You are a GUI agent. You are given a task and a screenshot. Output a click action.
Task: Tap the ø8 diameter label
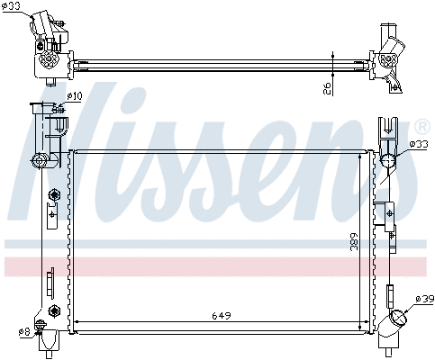click(x=25, y=333)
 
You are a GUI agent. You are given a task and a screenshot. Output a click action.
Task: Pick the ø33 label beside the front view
click(x=419, y=144)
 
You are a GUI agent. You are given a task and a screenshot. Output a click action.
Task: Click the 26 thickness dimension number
click(x=327, y=86)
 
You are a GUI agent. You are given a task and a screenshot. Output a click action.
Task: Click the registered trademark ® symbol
click(x=421, y=125)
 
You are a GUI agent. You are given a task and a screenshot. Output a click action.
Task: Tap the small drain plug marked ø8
click(x=41, y=325)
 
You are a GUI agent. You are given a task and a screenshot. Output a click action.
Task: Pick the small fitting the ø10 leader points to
click(x=58, y=112)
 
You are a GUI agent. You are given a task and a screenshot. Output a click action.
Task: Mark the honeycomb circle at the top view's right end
click(x=388, y=59)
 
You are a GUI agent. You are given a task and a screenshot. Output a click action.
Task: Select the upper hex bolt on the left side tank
click(x=55, y=194)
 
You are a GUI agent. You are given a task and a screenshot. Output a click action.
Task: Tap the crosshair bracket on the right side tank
click(x=389, y=212)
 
